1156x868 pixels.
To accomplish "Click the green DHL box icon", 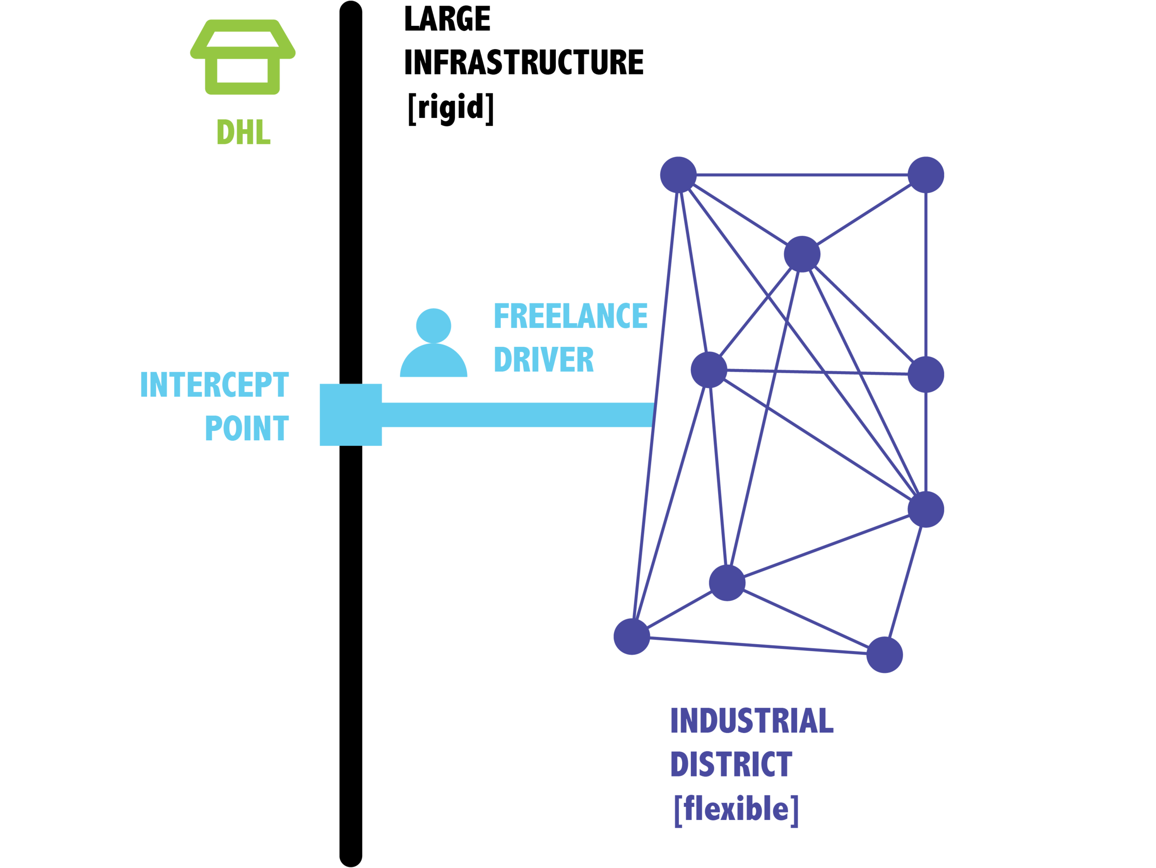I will point(242,57).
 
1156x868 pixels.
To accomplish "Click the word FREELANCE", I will point(570,316).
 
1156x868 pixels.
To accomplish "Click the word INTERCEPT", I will point(214,385).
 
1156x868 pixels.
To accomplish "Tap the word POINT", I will point(246,429).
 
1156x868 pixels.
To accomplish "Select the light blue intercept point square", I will point(350,415).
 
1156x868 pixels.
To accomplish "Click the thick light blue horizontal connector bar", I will point(517,415).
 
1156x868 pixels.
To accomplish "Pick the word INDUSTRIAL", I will point(751,721).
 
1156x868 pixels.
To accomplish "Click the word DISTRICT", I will point(731,764).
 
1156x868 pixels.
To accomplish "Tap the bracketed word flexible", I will point(736,809).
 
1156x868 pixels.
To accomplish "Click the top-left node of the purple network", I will point(678,174).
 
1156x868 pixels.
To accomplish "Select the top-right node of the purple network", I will point(926,174).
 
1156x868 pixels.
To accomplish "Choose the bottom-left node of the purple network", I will point(632,636).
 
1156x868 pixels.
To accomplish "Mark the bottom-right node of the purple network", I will point(884,655).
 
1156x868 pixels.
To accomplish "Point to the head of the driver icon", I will point(433,325).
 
